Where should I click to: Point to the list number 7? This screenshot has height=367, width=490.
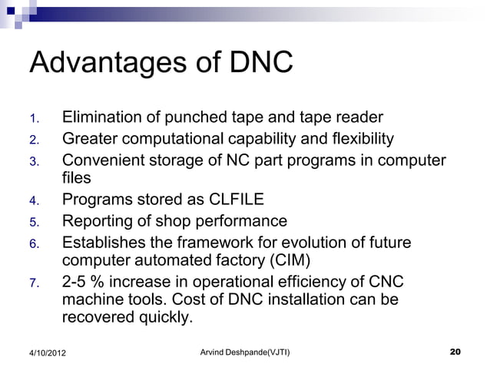(x=33, y=283)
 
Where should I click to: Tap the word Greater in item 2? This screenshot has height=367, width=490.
(x=90, y=140)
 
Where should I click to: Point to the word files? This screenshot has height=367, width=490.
(x=76, y=179)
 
